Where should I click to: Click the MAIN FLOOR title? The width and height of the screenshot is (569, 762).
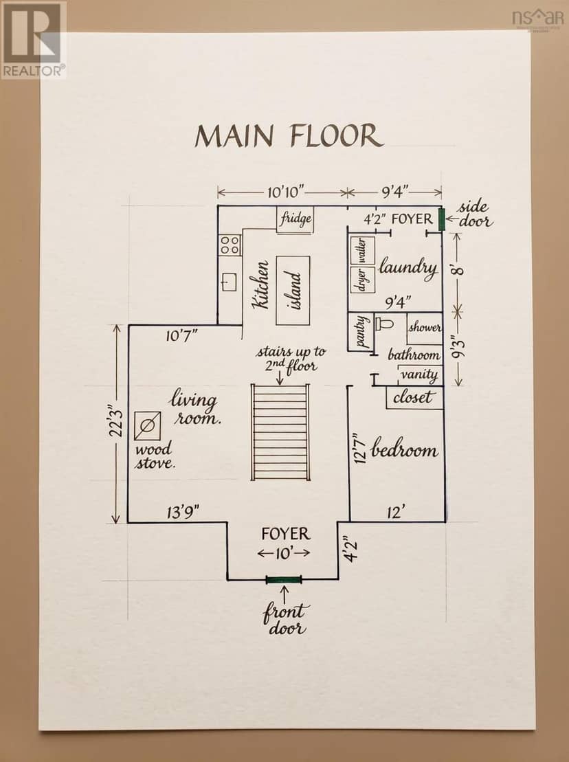coord(289,136)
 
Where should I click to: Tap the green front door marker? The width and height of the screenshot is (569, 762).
coord(284,579)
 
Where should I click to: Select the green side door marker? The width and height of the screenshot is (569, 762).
coord(442,219)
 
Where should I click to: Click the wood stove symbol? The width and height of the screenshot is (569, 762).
coord(148,426)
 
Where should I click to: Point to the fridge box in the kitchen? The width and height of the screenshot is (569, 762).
coord(294,219)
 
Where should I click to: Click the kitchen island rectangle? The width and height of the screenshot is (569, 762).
coord(293,291)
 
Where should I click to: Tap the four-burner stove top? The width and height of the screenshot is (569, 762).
coord(230,245)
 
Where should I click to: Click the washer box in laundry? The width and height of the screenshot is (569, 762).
coord(362,251)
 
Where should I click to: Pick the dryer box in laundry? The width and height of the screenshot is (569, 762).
coord(362,280)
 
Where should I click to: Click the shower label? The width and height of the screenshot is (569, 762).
coord(425,327)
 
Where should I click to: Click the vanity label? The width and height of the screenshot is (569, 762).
coord(419,374)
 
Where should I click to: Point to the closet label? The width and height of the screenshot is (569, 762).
coord(412,398)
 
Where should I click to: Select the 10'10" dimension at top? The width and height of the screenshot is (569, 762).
coord(286,192)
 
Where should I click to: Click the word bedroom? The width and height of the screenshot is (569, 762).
coord(404,449)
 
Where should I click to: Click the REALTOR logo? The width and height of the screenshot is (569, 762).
coord(33,39)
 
